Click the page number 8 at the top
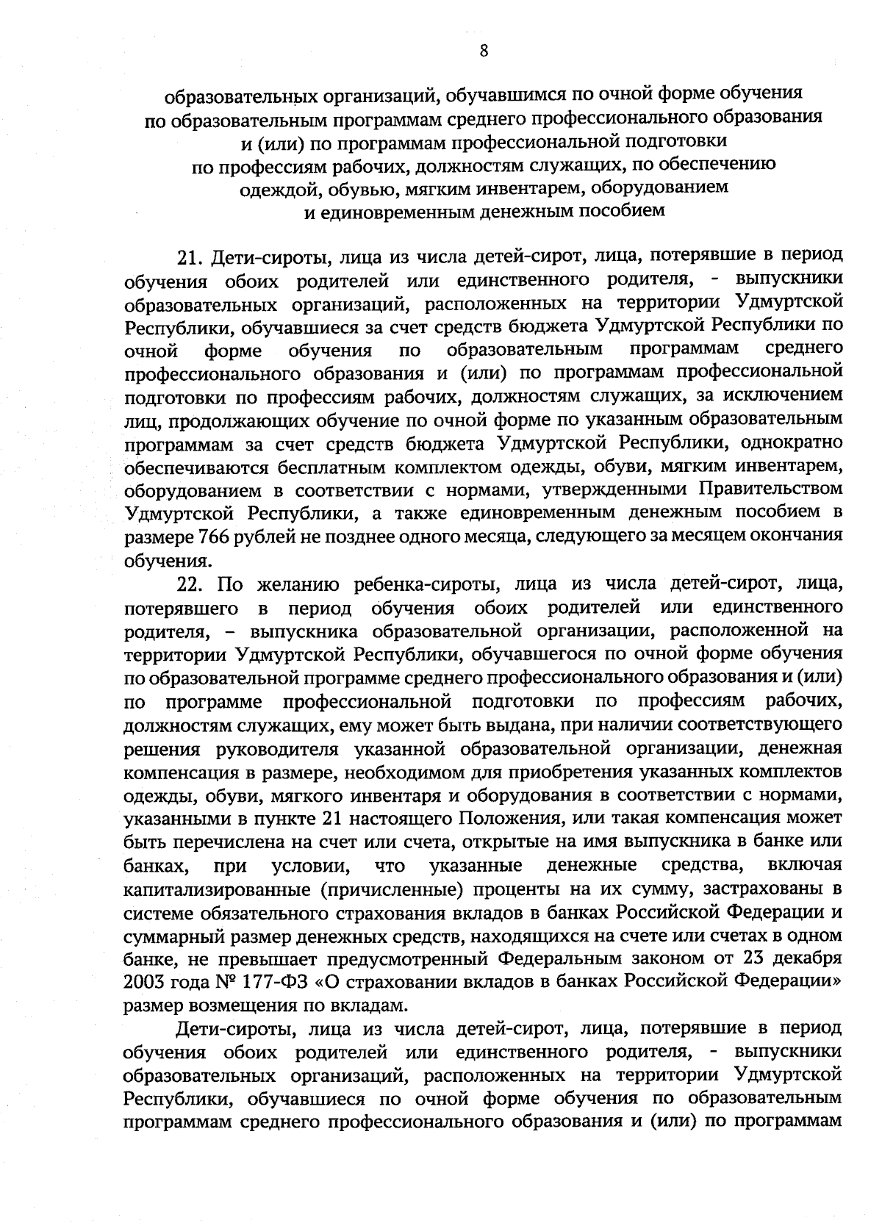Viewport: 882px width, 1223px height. tap(483, 51)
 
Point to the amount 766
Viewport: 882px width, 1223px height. tap(215, 537)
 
